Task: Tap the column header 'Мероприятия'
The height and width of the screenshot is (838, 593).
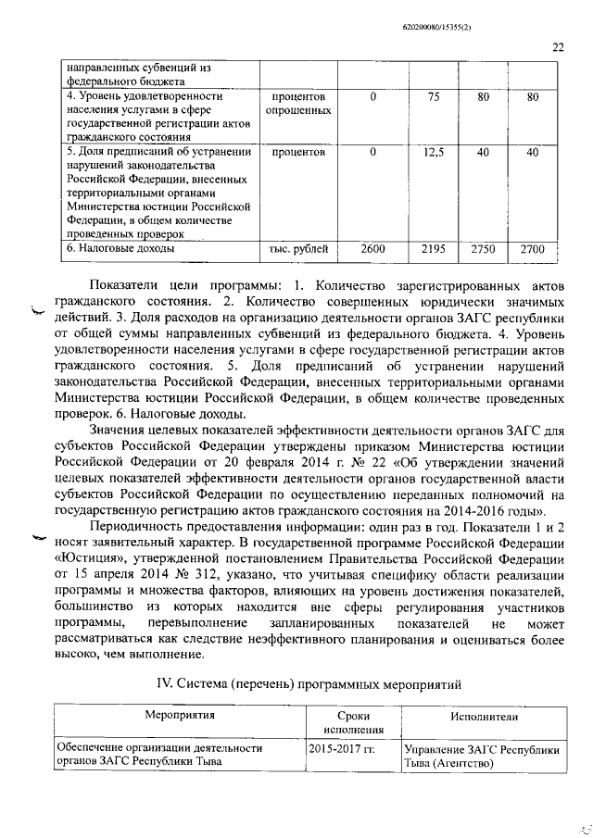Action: tap(180, 716)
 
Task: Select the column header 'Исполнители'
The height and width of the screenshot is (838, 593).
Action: tap(483, 716)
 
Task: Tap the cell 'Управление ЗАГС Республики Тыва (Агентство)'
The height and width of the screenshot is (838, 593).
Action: tap(482, 756)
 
